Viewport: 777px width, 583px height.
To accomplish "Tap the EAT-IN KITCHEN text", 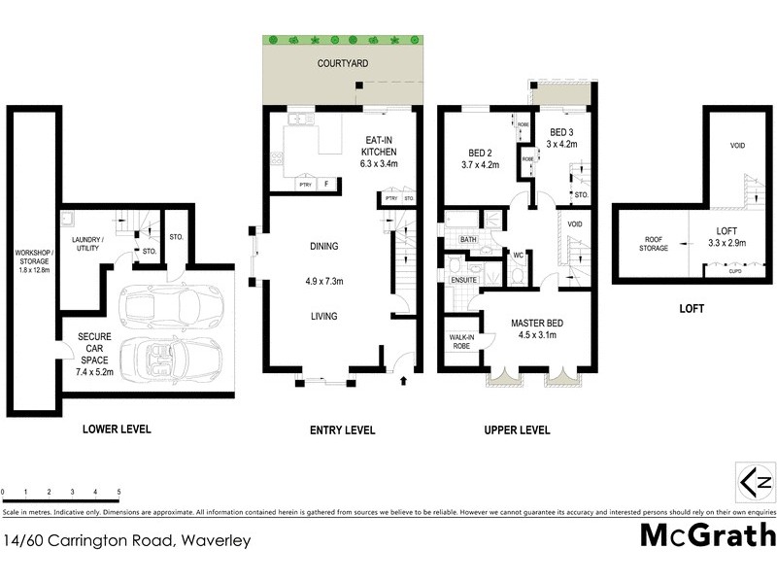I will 378,152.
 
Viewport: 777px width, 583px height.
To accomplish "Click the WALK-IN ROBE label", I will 460,342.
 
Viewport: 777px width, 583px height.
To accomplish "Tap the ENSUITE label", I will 464,281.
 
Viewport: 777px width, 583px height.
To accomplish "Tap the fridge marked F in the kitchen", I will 327,184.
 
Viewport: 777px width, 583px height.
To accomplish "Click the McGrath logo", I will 707,535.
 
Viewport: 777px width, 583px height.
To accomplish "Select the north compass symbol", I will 755,482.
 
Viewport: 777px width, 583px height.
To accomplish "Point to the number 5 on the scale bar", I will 118,492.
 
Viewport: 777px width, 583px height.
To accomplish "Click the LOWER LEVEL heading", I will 117,429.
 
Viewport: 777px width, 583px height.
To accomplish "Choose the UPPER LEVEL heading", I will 517,429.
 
